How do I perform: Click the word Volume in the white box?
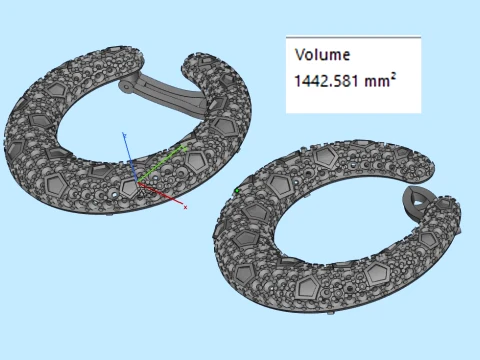click(x=322, y=55)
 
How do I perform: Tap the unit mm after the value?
click(x=377, y=82)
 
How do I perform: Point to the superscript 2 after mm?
click(x=393, y=77)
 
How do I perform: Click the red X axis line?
click(x=160, y=193)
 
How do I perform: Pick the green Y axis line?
click(x=159, y=165)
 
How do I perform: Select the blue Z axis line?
click(x=131, y=159)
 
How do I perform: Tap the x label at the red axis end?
click(x=185, y=207)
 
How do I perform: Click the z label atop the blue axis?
click(x=124, y=135)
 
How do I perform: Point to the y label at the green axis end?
click(x=184, y=148)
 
